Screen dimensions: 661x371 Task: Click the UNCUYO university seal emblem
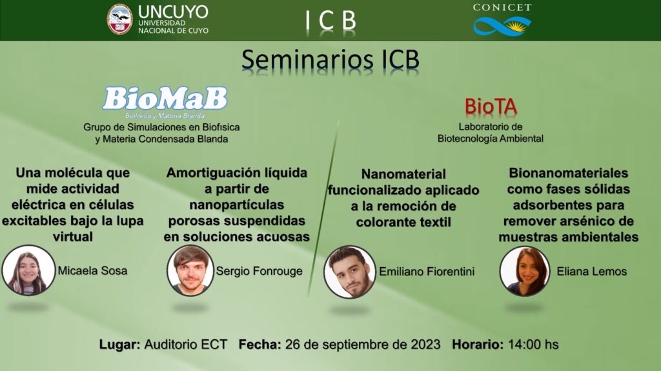[x=119, y=19]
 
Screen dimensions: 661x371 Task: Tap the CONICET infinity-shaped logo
[x=502, y=26]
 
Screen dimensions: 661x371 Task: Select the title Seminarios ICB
[x=330, y=59]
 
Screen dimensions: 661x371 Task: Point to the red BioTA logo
[x=491, y=106]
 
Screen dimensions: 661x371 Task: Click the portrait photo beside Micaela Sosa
[x=28, y=270]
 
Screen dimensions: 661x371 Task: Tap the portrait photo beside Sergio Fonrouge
[x=190, y=270]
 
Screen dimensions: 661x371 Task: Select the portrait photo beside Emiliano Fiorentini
[x=349, y=272]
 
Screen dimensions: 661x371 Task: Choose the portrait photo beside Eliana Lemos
[x=525, y=271]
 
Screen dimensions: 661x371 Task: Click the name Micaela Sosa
[x=92, y=270]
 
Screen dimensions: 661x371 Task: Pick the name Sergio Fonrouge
[x=259, y=271]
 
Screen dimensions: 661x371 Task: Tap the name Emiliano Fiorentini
[x=427, y=272]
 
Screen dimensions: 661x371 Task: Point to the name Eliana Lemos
[x=592, y=272]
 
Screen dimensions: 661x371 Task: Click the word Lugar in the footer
[x=119, y=345]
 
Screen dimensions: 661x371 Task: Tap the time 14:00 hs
[x=533, y=345]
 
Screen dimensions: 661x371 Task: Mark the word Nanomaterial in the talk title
[x=404, y=174]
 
